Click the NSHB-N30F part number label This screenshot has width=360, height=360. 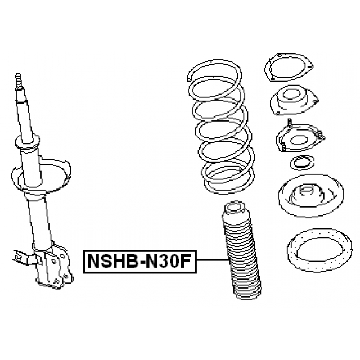[x=140, y=262]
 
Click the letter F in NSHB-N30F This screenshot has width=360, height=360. [x=184, y=261]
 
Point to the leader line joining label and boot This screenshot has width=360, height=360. [x=213, y=260]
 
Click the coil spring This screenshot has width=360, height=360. [x=220, y=126]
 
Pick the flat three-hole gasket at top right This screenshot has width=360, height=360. [x=289, y=67]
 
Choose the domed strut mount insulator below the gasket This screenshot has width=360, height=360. [x=294, y=101]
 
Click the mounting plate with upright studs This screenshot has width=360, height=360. [x=300, y=138]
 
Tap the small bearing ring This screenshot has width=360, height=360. [x=302, y=163]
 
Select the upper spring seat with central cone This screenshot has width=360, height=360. [x=311, y=196]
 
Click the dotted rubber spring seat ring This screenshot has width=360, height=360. [x=319, y=250]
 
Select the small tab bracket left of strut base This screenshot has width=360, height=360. [x=24, y=256]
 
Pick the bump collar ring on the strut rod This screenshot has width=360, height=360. [x=28, y=142]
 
